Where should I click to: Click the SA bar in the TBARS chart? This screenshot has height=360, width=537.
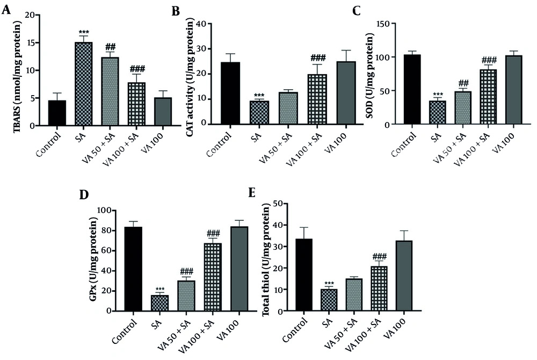83,84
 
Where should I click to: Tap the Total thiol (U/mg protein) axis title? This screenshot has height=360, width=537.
265,258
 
